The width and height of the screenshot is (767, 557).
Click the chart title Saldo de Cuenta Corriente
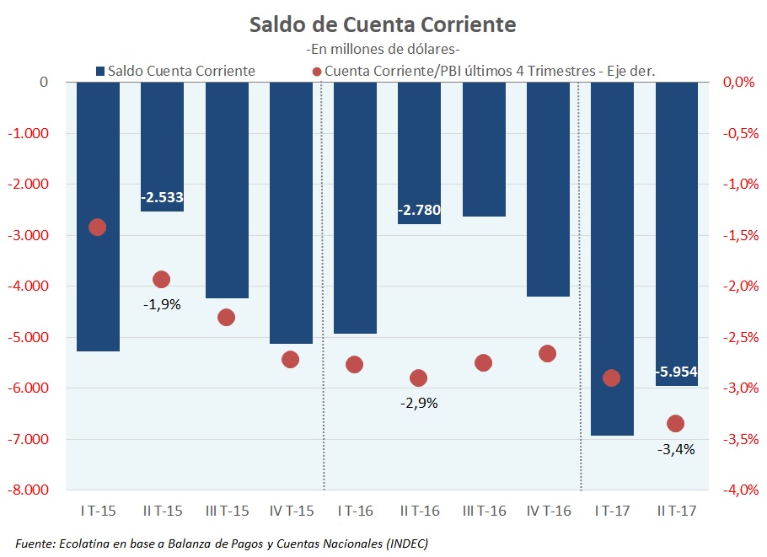coord(383,24)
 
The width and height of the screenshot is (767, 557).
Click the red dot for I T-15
coord(97,227)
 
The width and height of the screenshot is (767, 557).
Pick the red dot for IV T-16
coord(548,353)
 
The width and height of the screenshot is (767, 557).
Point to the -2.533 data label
coord(162,198)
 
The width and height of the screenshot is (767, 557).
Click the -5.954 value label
coord(676,372)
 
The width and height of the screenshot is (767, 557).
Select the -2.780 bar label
coord(419,210)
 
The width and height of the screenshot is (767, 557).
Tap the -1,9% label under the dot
coord(162,304)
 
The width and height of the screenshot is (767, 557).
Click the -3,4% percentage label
coord(676,449)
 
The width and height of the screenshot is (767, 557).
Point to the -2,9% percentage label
coord(419,403)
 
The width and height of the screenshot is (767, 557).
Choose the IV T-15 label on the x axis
coord(291,511)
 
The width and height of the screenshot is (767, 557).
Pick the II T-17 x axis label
coord(676,511)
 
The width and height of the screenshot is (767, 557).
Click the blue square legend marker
coord(101,71)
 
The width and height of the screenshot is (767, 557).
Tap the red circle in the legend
coord(316,71)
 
